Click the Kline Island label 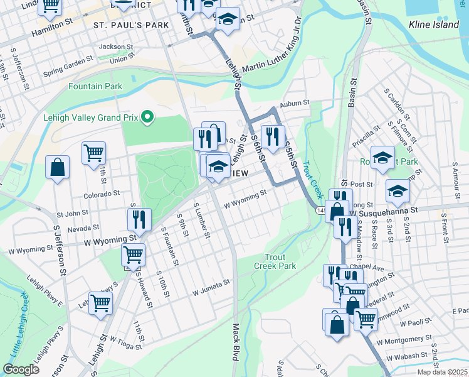[434, 25]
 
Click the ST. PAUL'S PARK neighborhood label [131, 25]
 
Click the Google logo [21, 369]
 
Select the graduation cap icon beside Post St [397, 190]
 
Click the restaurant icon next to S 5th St [273, 136]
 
